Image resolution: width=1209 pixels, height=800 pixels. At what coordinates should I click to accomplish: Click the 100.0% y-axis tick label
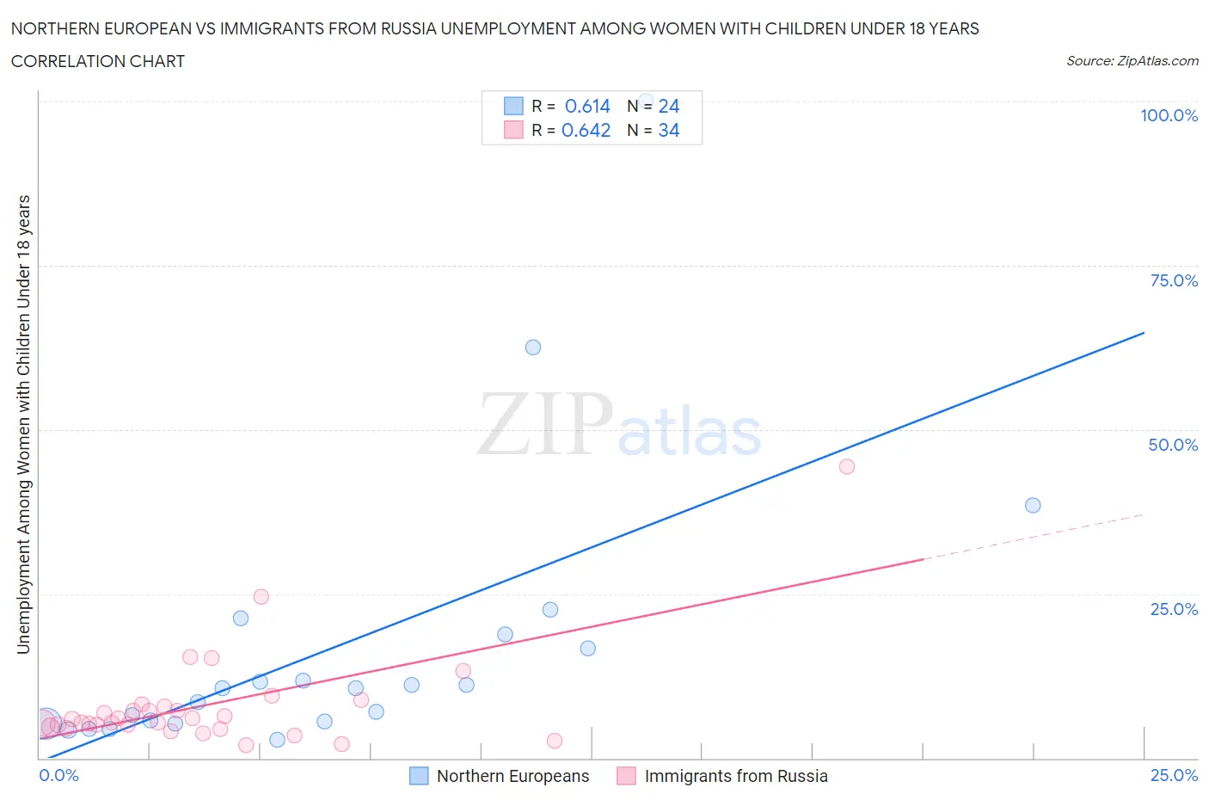coord(1169,115)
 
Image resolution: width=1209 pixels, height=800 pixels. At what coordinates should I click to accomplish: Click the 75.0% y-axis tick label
coord(1174,280)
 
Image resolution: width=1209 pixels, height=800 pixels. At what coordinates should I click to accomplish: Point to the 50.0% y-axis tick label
coord(1173,445)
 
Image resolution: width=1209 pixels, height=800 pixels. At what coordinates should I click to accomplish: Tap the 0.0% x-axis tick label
coord(58,775)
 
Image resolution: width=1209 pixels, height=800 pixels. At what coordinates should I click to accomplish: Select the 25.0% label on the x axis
coord(1174,775)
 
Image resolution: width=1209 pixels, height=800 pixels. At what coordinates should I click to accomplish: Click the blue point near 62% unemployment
coord(533,348)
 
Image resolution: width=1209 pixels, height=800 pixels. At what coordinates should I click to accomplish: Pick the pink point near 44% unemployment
coord(847,466)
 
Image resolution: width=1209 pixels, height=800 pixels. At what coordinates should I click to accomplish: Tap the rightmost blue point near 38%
coord(1033,505)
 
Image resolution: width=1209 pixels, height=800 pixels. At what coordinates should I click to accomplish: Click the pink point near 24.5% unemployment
coord(261,597)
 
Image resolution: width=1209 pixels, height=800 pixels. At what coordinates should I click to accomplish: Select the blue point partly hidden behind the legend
coord(646,101)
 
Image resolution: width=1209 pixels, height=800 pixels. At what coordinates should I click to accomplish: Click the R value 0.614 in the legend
coord(587,106)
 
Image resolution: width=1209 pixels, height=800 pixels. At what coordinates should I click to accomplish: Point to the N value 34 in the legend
coord(669,130)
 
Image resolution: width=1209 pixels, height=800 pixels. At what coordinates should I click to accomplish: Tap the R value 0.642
coord(586,130)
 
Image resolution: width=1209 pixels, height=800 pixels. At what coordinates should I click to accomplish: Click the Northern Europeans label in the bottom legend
coord(512,776)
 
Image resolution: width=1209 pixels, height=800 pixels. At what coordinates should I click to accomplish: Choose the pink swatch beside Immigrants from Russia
coord(626,776)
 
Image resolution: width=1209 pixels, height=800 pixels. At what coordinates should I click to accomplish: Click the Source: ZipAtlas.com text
coord(1132,61)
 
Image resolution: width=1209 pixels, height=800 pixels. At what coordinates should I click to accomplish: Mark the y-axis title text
coord(23,424)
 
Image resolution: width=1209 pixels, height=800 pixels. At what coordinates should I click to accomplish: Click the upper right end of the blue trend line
coord(1144,332)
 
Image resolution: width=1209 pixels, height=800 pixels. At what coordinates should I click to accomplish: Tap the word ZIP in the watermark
coord(545,424)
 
